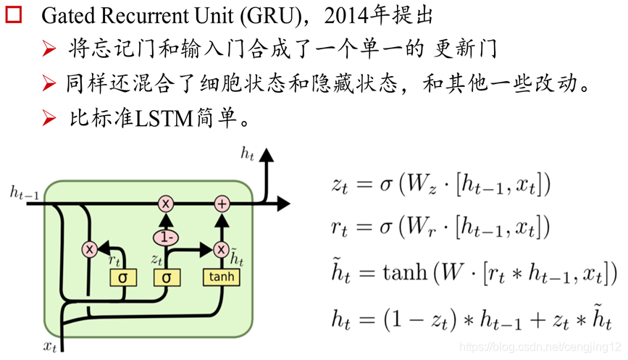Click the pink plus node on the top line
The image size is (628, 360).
(x=222, y=204)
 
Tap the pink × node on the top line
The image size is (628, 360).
(x=166, y=204)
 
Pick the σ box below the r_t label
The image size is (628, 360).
(x=122, y=277)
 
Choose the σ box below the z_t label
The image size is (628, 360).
(x=167, y=277)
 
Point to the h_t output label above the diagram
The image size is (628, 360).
(x=248, y=154)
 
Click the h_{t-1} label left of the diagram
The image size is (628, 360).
(x=24, y=192)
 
